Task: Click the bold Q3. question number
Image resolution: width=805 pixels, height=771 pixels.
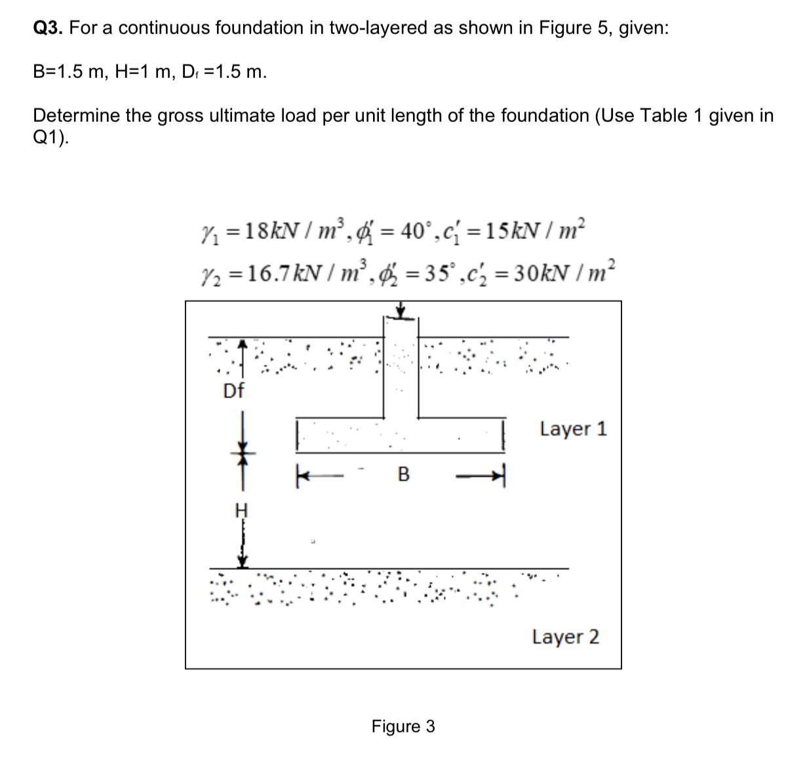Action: click(48, 28)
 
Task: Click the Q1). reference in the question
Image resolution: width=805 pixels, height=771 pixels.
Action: click(50, 138)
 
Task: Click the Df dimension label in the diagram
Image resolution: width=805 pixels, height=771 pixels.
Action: click(233, 391)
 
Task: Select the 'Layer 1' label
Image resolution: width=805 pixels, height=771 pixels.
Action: click(574, 429)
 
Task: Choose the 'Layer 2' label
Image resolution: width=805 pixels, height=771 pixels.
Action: click(565, 636)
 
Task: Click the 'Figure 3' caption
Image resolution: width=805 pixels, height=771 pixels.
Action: click(402, 726)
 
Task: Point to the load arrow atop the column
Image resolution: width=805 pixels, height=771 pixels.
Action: click(401, 310)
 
